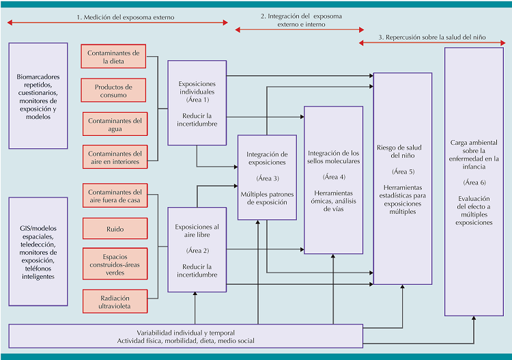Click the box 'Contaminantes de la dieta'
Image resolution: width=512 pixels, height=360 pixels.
point(115,57)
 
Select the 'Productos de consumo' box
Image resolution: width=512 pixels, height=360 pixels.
point(115,91)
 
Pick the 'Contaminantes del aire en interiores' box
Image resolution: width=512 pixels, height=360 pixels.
point(115,158)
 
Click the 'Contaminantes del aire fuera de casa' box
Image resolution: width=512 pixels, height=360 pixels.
point(115,197)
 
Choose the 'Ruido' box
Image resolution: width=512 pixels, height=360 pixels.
point(115,229)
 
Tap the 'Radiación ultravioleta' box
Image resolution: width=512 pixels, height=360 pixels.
point(115,301)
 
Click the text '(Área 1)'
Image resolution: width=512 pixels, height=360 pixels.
point(197,100)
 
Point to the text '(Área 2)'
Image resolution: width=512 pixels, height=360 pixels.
point(197,250)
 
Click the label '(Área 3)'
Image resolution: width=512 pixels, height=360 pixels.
point(267,178)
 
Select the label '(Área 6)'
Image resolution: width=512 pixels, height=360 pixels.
point(474,182)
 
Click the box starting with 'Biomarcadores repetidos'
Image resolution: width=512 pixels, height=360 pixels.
point(38,96)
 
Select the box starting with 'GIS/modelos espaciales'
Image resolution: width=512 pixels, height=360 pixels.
point(38,253)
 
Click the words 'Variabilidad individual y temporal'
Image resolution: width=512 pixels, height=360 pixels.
point(185,331)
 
